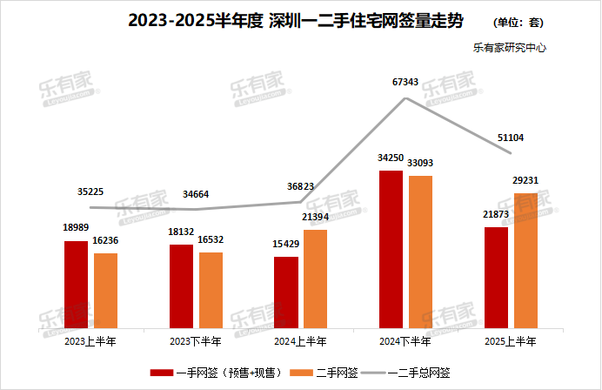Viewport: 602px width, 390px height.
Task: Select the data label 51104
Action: [510, 138]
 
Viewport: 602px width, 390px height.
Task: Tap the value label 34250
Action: [392, 158]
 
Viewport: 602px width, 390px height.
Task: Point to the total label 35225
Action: [92, 192]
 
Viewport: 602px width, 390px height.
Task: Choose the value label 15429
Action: [285, 245]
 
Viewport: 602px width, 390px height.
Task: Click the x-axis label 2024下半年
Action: [405, 340]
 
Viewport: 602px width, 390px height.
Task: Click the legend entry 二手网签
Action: [336, 373]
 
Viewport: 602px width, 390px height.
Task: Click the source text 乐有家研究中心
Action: [510, 48]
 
